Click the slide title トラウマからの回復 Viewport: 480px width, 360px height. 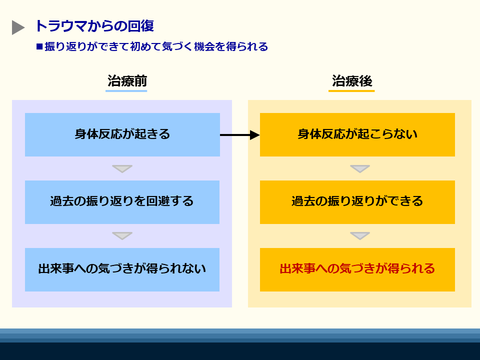(94, 26)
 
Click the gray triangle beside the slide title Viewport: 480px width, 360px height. (17, 27)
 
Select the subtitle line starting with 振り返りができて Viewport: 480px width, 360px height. (156, 46)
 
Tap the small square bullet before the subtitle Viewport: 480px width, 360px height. (39, 46)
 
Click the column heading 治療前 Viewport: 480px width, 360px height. (127, 81)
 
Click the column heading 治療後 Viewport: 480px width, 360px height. (352, 81)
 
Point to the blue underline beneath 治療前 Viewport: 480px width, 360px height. (126, 90)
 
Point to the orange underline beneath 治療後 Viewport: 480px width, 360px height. (351, 90)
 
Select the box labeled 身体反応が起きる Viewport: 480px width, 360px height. (122, 134)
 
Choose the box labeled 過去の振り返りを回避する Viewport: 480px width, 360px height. (122, 202)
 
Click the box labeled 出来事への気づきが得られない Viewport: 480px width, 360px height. (122, 269)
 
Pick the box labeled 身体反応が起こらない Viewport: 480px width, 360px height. (357, 134)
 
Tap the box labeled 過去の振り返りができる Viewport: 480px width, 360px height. (357, 202)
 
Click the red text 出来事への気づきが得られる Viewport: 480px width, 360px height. (357, 269)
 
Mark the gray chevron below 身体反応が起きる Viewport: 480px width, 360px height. (122, 168)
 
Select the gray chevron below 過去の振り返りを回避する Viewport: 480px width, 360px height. (122, 235)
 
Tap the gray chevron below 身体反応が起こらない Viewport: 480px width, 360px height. (359, 168)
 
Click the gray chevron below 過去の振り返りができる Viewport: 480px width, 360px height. (359, 235)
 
